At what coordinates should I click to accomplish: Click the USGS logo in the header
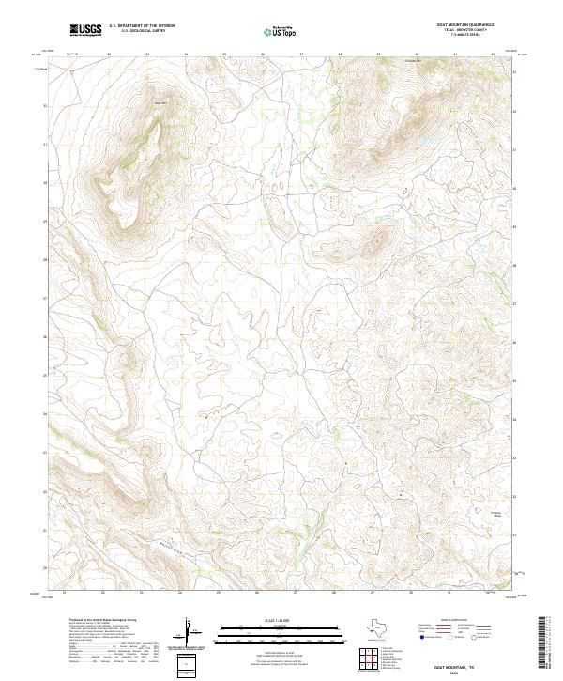85,29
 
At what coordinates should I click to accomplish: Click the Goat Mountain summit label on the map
160,103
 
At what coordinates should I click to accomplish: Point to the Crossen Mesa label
497,512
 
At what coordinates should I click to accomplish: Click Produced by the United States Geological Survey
103,621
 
